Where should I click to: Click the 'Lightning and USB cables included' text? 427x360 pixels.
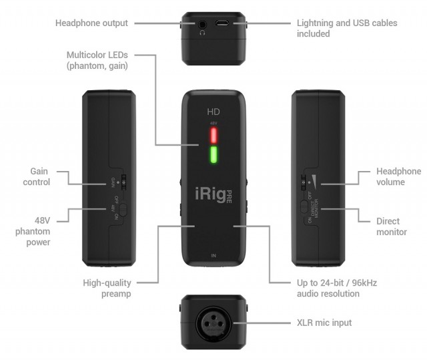[346, 28]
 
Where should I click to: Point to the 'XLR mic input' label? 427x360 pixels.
[324, 323]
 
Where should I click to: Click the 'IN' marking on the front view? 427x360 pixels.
[213, 255]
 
